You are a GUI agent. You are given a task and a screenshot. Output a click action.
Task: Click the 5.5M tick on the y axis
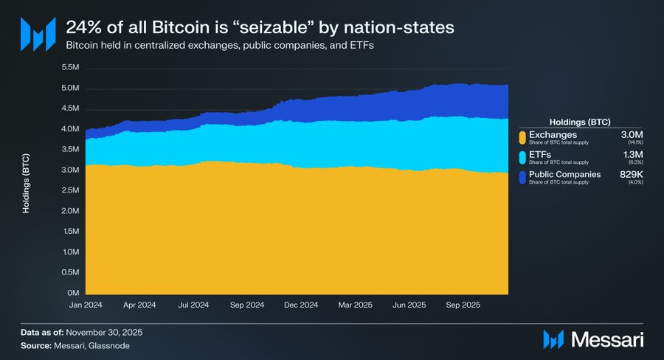pyautogui.click(x=70, y=68)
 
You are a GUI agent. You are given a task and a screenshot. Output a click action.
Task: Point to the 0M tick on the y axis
pyautogui.click(x=75, y=293)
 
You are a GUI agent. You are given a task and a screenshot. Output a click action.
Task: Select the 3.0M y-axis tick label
pyautogui.click(x=70, y=170)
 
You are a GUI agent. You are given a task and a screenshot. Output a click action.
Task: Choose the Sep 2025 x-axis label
pyautogui.click(x=463, y=304)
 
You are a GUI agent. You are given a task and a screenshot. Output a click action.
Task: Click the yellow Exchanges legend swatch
pyautogui.click(x=522, y=136)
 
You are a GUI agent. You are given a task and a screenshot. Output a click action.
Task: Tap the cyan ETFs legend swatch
pyautogui.click(x=522, y=157)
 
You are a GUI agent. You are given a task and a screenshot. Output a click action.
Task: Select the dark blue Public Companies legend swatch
pyautogui.click(x=522, y=178)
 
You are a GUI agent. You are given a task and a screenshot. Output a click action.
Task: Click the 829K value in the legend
pyautogui.click(x=632, y=174)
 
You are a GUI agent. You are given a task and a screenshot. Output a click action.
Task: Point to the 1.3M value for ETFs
pyautogui.click(x=634, y=153)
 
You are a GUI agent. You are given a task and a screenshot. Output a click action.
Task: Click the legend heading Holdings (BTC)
pyautogui.click(x=580, y=121)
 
